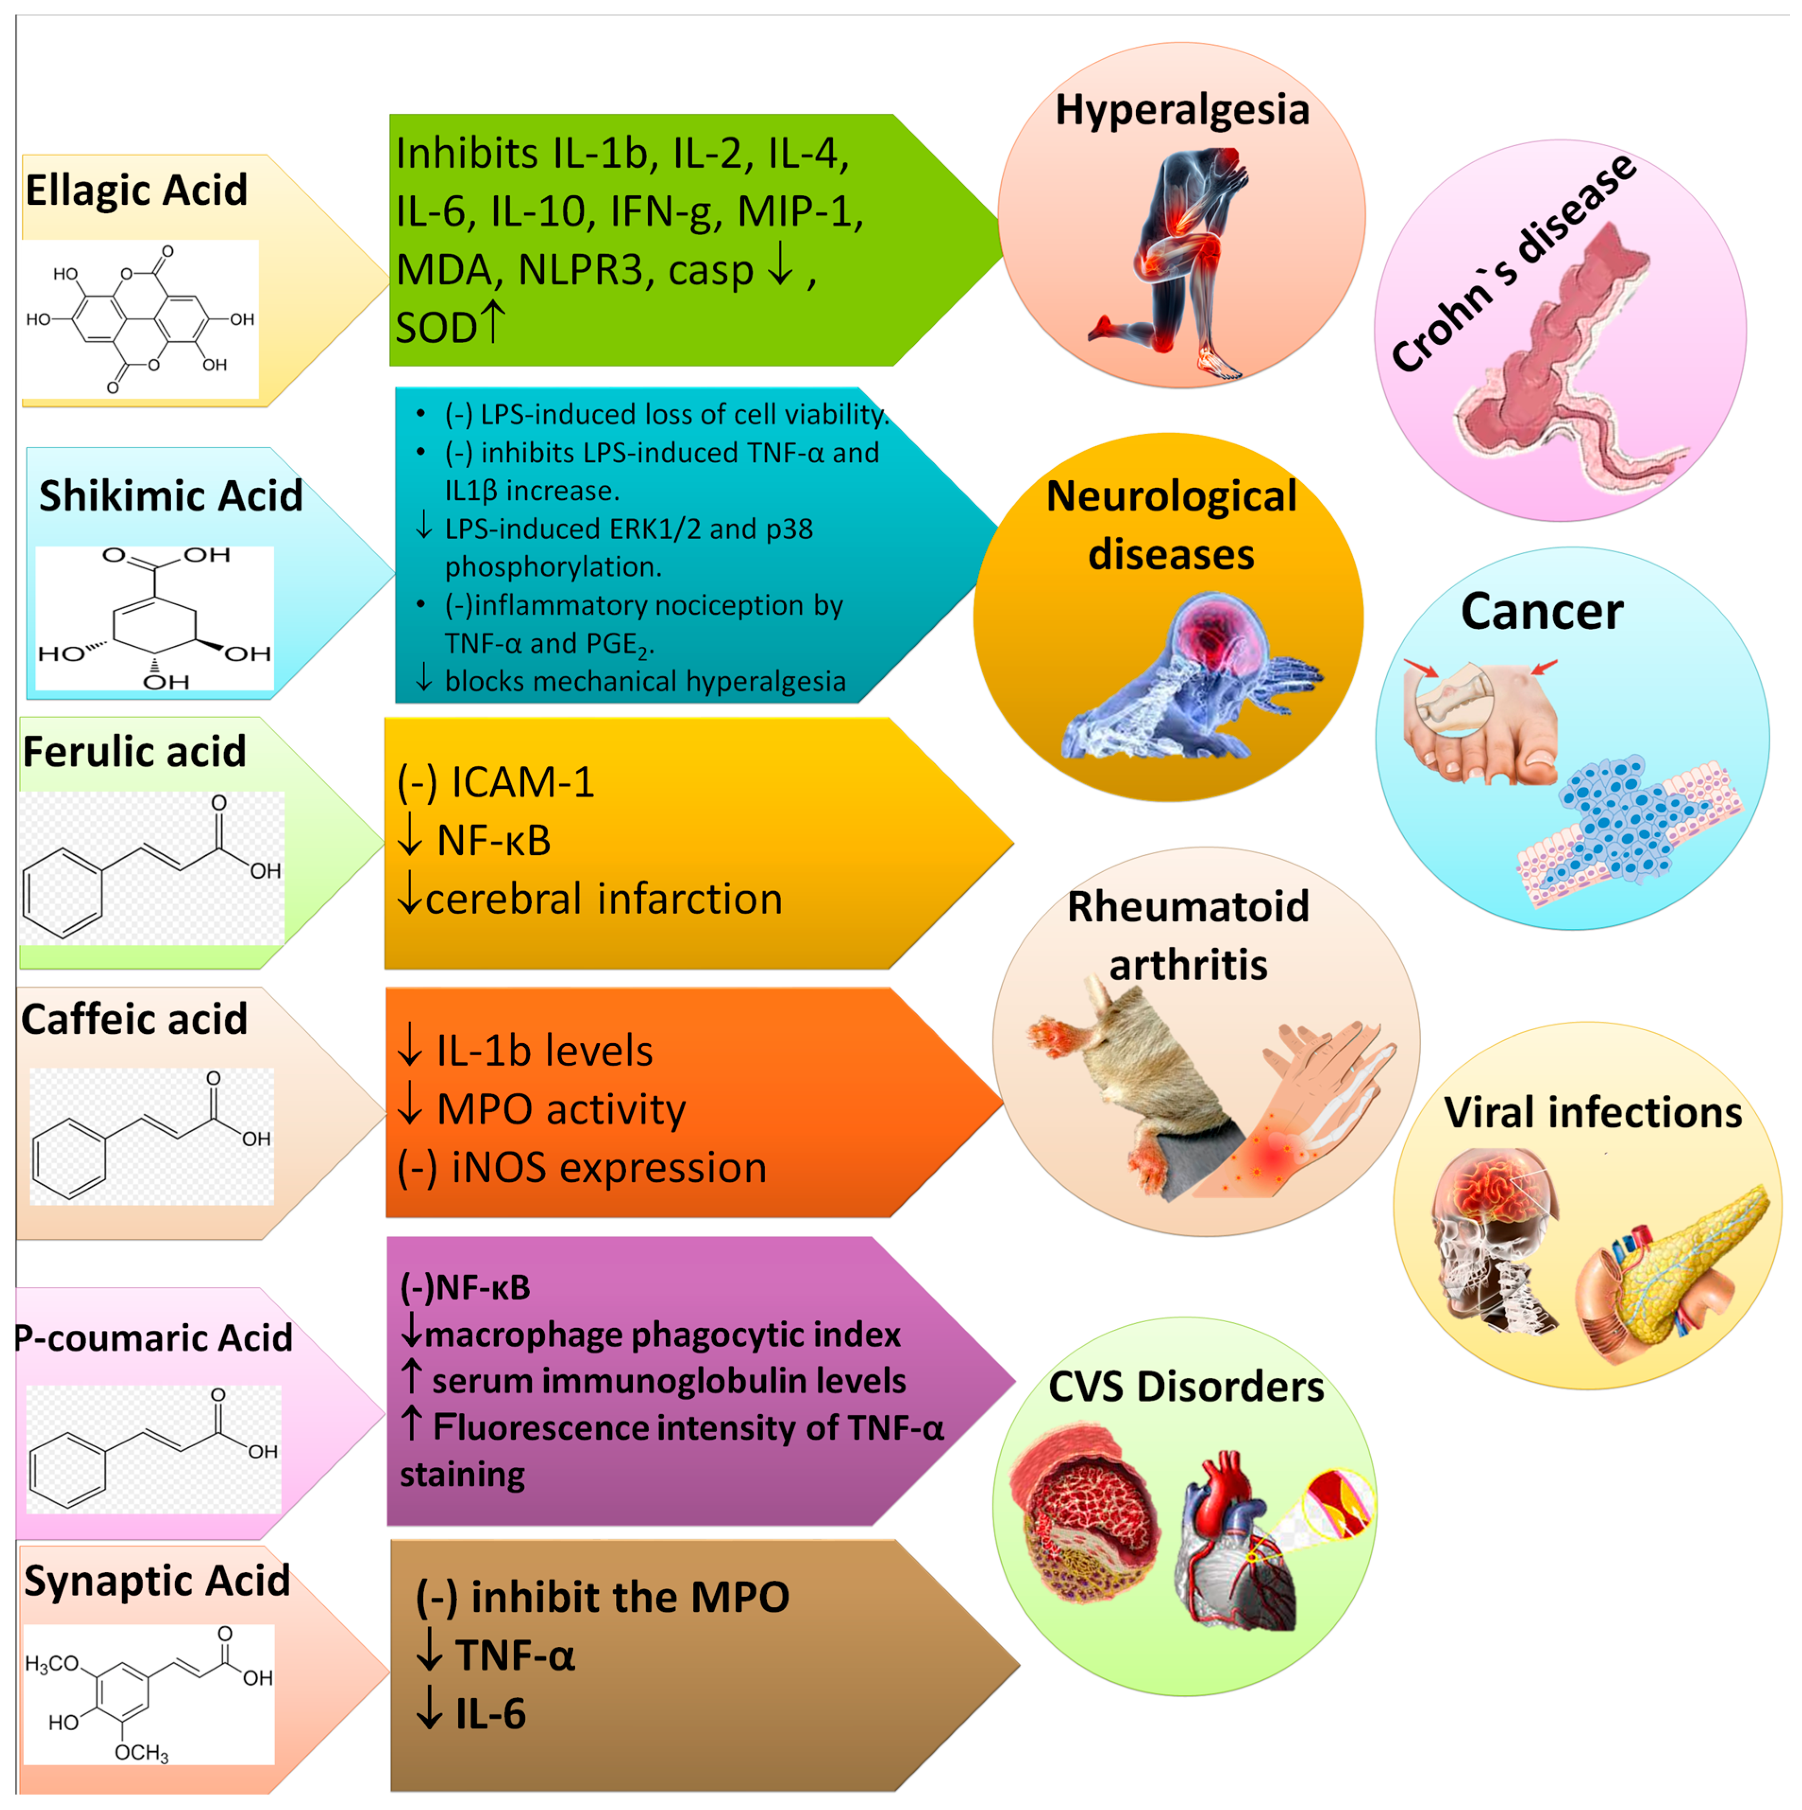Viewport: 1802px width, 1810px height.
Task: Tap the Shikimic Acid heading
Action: point(170,496)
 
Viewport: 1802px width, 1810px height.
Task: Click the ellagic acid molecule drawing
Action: point(141,318)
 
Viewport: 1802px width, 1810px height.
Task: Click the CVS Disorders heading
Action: point(1185,1386)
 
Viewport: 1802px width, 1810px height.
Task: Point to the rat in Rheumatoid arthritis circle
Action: point(1124,1077)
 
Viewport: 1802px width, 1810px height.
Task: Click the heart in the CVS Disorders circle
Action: point(1232,1536)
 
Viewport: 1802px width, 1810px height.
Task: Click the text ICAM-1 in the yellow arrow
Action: point(522,782)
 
